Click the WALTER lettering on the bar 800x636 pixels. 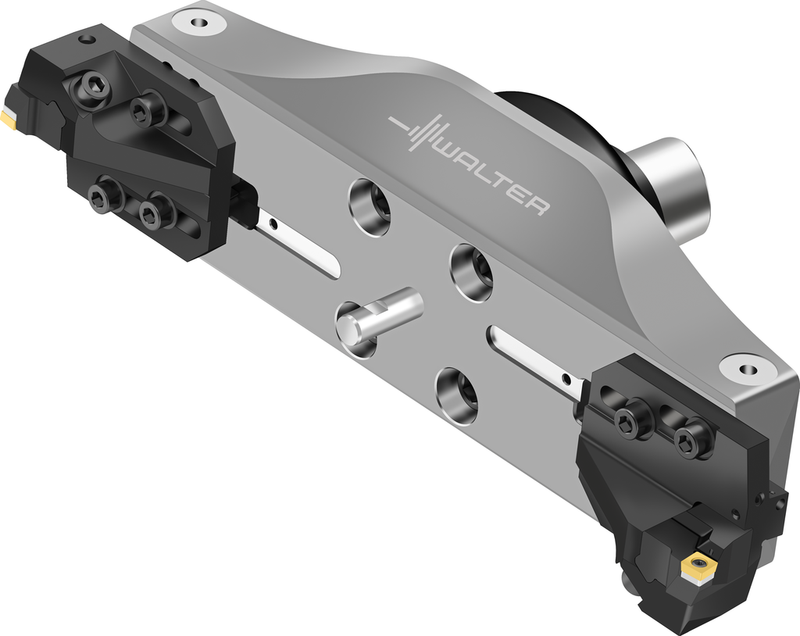click(495, 177)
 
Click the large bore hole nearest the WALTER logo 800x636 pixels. click(370, 207)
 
